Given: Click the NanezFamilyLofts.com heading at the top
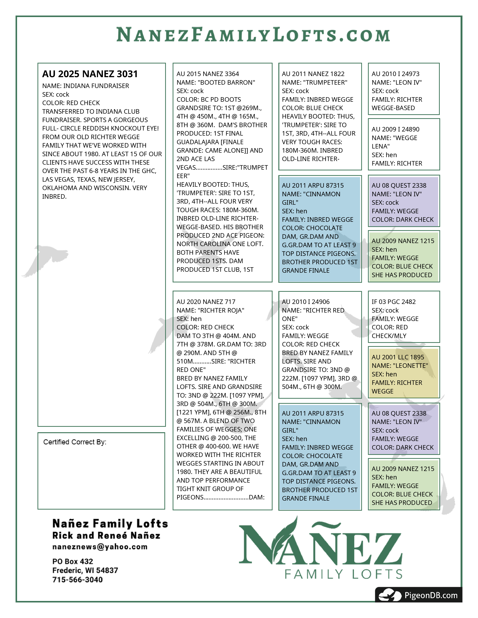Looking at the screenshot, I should [x=253, y=35].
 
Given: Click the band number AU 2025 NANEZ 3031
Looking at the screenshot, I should [x=90, y=74].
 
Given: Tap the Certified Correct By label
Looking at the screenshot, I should [x=75, y=442].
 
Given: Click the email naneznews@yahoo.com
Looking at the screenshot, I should [x=100, y=547].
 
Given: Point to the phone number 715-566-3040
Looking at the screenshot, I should [x=78, y=580].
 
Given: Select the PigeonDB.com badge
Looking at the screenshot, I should [x=419, y=595].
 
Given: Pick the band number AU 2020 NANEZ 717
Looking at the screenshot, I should [x=206, y=302].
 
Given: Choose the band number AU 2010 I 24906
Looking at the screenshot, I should [x=306, y=302].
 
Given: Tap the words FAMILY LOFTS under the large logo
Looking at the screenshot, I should [x=343, y=574].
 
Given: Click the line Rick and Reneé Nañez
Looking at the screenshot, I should [x=106, y=536].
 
